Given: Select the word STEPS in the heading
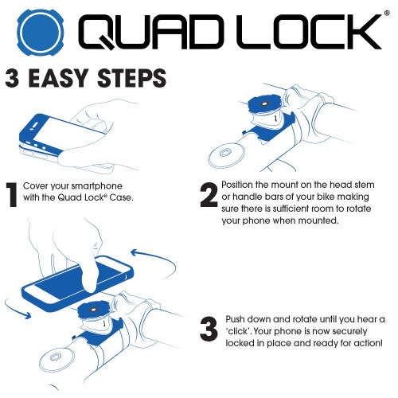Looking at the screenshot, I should (139, 79).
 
